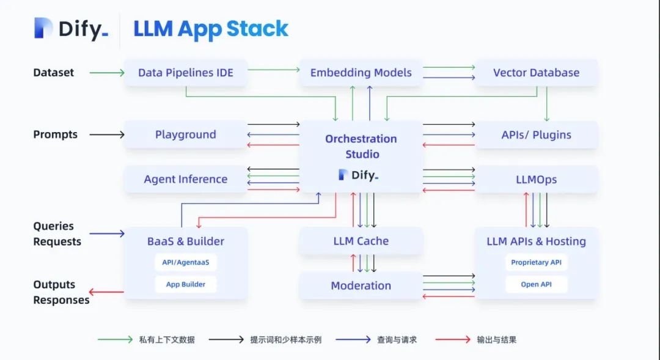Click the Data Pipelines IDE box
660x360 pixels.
pyautogui.click(x=186, y=72)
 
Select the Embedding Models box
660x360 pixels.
pyautogui.click(x=361, y=72)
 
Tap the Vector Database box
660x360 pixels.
pyautogui.click(x=537, y=72)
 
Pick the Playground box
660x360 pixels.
pyautogui.click(x=186, y=134)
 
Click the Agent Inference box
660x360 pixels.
pyautogui.click(x=186, y=179)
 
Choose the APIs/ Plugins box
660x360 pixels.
pyautogui.click(x=537, y=134)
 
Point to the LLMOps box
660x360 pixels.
pyautogui.click(x=537, y=179)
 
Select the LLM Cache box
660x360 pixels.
pyautogui.click(x=361, y=241)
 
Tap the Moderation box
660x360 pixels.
pyautogui.click(x=361, y=285)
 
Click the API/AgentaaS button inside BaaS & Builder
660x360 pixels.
pyautogui.click(x=186, y=262)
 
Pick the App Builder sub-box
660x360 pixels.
pyautogui.click(x=186, y=284)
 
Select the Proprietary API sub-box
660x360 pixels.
pyautogui.click(x=537, y=262)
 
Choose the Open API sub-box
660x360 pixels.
pyautogui.click(x=537, y=284)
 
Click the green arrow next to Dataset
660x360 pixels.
pyautogui.click(x=107, y=73)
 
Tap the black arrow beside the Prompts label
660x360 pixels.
pyautogui.click(x=107, y=134)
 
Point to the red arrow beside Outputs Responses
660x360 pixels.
pyautogui.click(x=106, y=292)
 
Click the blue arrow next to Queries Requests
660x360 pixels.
pyautogui.click(x=107, y=233)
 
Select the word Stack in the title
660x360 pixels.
pyautogui.click(x=257, y=29)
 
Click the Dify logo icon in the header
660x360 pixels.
pyautogui.click(x=43, y=28)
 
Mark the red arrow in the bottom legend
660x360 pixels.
pyautogui.click(x=453, y=339)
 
